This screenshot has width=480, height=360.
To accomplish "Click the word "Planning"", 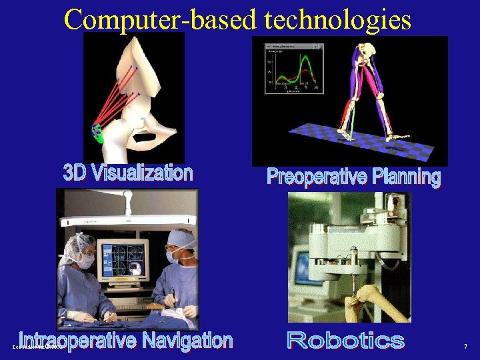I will (406, 177).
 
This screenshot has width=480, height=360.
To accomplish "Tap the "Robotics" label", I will (345, 341).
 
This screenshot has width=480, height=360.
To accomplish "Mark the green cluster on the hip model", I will (98, 133).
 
